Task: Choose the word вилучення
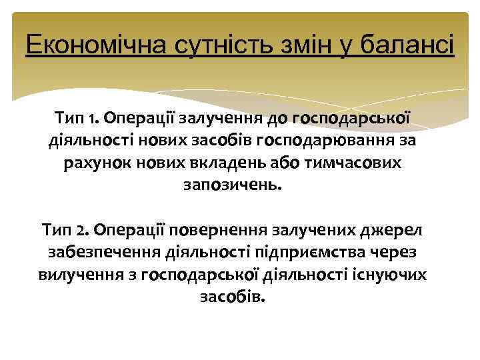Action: coord(74,274)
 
